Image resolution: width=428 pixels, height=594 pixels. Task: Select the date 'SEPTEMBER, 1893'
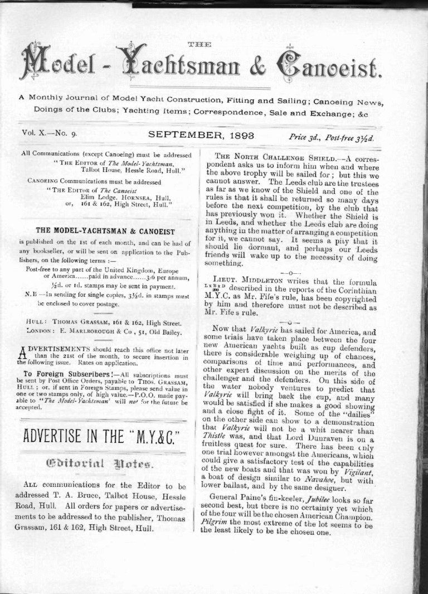[x=201, y=136]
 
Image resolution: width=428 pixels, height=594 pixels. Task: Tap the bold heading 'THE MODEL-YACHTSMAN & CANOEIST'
[x=105, y=231]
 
